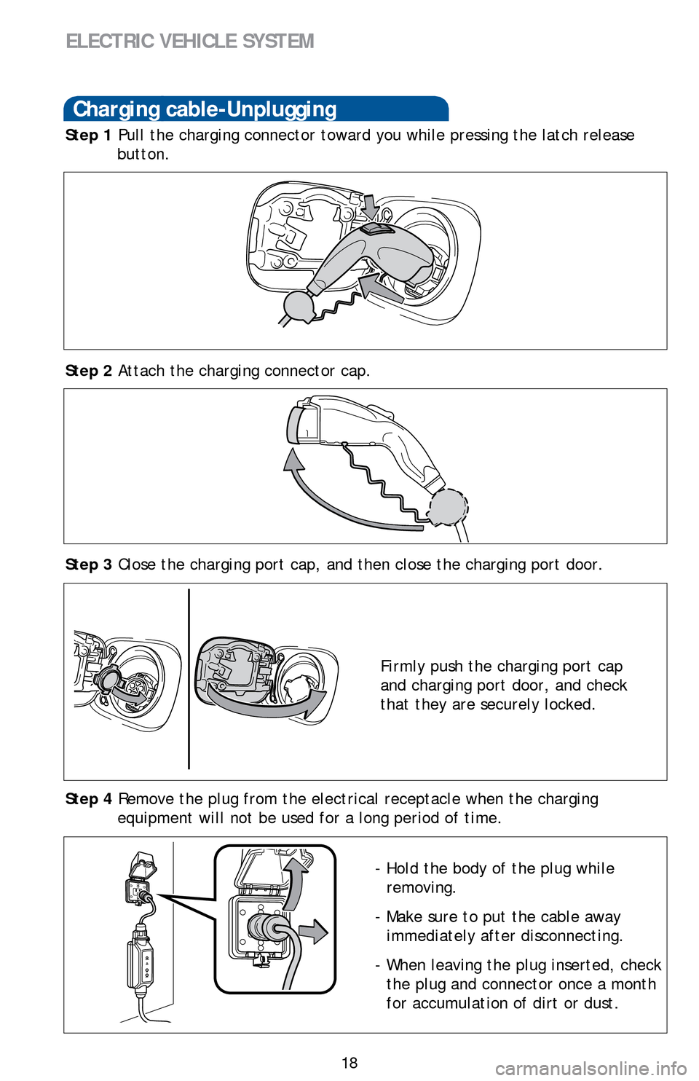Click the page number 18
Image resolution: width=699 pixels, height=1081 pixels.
(349, 1063)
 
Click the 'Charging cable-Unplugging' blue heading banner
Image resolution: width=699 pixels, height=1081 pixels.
(256, 109)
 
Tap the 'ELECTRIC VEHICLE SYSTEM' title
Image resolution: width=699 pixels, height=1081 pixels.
(190, 41)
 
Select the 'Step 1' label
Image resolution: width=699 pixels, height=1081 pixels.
(88, 135)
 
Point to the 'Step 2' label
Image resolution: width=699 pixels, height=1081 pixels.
(88, 371)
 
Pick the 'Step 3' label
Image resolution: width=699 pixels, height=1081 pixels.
(88, 565)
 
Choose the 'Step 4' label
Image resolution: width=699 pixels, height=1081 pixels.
(88, 799)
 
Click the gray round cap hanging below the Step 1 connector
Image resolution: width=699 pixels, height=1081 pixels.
(298, 305)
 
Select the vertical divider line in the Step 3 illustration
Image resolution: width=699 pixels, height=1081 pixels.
(189, 678)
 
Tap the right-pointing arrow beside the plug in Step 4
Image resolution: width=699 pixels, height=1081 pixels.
(313, 932)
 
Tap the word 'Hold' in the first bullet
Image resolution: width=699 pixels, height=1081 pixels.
(402, 868)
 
